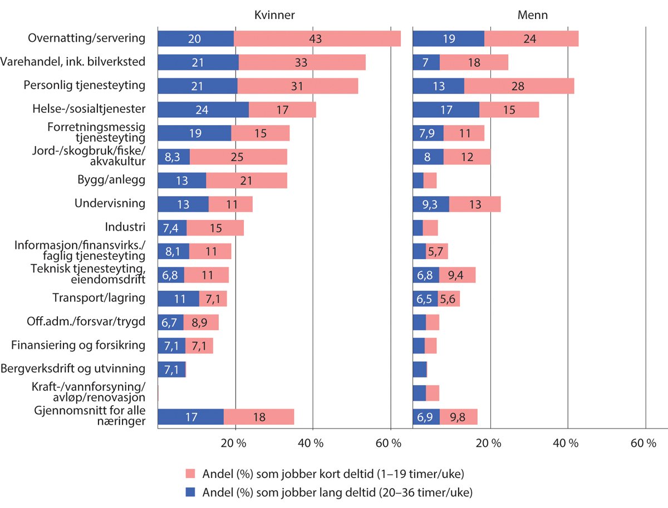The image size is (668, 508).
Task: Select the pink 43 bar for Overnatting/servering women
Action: pyautogui.click(x=317, y=38)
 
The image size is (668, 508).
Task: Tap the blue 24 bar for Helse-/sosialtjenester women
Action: pyautogui.click(x=203, y=109)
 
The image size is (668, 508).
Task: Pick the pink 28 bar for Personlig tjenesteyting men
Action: pyautogui.click(x=519, y=86)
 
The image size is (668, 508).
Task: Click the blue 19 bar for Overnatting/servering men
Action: pyautogui.click(x=448, y=38)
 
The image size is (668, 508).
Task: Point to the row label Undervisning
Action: pyautogui.click(x=110, y=203)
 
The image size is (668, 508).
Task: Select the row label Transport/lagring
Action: pyautogui.click(x=99, y=298)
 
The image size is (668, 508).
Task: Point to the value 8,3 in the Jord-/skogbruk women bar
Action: pyautogui.click(x=173, y=157)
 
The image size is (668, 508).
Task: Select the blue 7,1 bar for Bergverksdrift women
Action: pyautogui.click(x=171, y=369)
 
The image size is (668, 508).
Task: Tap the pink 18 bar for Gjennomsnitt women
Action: pyautogui.click(x=259, y=417)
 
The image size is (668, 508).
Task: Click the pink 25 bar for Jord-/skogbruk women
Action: pyautogui.click(x=238, y=157)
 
